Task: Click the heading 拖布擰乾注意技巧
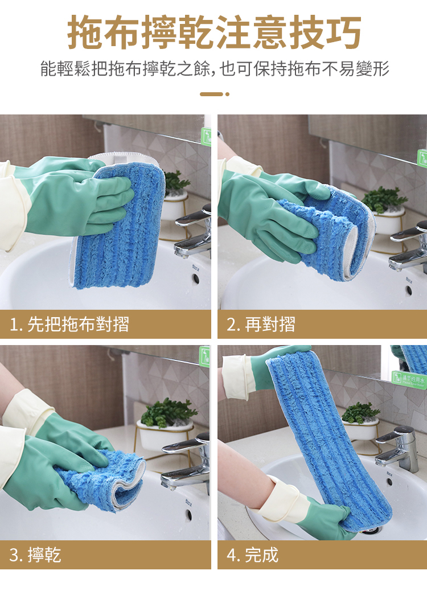point(214,32)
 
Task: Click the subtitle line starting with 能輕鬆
point(215,68)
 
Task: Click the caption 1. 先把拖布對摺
point(69,324)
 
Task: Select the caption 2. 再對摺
point(261,324)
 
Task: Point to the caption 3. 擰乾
point(35,555)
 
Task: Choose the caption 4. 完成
point(252,555)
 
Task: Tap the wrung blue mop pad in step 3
point(102,481)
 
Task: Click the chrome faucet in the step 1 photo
point(193,233)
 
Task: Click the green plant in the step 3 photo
point(169,412)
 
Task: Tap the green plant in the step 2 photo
point(384,199)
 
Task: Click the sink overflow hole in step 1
point(196,279)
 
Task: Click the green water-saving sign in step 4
point(409,379)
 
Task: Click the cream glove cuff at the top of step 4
point(235,376)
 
